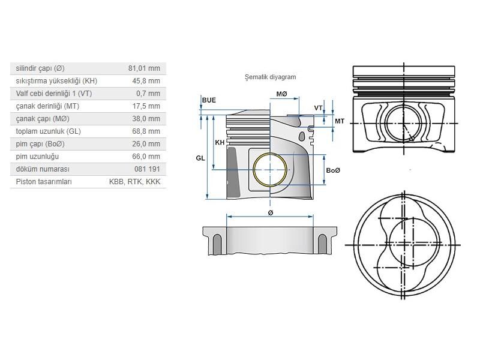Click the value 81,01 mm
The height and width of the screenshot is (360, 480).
point(144,68)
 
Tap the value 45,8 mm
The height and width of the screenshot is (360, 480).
point(146,81)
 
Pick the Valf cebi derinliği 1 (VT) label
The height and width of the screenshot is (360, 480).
point(54,94)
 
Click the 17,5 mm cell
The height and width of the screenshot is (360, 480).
point(146,106)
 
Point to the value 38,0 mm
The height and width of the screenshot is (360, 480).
point(146,119)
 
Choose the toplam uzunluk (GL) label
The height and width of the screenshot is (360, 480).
point(47,131)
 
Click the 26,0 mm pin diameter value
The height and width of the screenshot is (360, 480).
point(146,144)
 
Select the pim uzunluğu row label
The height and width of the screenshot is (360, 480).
point(37,157)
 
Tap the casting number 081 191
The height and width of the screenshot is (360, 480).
point(148,169)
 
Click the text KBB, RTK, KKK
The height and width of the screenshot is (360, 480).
point(135,182)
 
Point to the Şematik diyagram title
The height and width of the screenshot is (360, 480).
point(270,77)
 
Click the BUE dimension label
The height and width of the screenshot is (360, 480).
point(209,100)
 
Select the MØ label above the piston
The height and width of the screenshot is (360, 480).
point(281,94)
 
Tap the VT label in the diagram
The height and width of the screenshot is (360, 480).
point(319,108)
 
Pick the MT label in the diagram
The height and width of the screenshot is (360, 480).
point(340,121)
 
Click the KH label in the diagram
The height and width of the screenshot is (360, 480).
point(220,142)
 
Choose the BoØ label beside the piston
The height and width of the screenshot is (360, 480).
point(333,171)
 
